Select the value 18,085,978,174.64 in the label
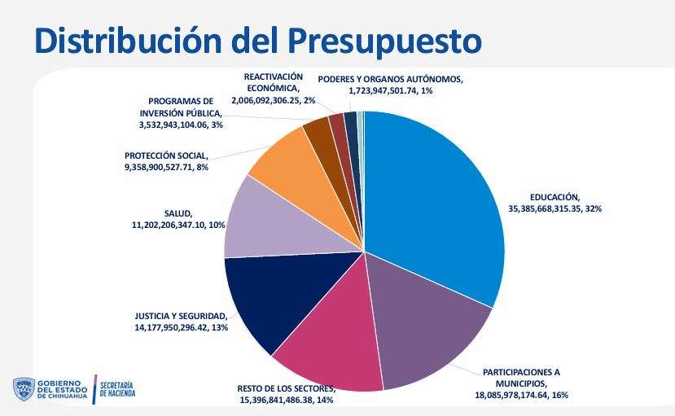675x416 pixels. [x=508, y=395]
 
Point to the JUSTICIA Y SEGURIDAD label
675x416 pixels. [x=181, y=316]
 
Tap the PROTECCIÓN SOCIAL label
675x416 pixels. [x=167, y=155]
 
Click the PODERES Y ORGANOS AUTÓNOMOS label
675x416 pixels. [x=390, y=80]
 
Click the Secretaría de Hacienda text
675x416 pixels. [x=117, y=388]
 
